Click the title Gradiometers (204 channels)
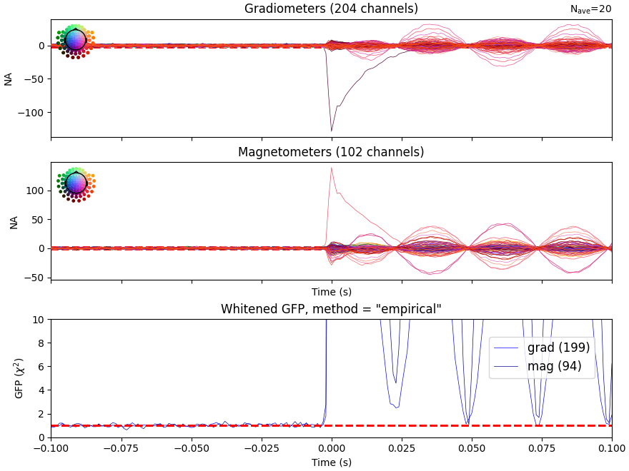pyautogui.click(x=331, y=9)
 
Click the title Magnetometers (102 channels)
pyautogui.click(x=331, y=152)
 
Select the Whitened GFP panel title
pyautogui.click(x=331, y=309)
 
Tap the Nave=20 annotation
pyautogui.click(x=590, y=9)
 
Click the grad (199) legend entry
pyautogui.click(x=558, y=348)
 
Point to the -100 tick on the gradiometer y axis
pyautogui.click(x=31, y=112)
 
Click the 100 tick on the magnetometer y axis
pyautogui.click(x=35, y=191)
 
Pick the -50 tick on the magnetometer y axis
pyautogui.click(x=35, y=278)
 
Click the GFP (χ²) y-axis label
pyautogui.click(x=19, y=378)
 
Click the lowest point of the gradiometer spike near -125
pyautogui.click(x=331, y=131)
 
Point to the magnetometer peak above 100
pyautogui.click(x=332, y=168)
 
